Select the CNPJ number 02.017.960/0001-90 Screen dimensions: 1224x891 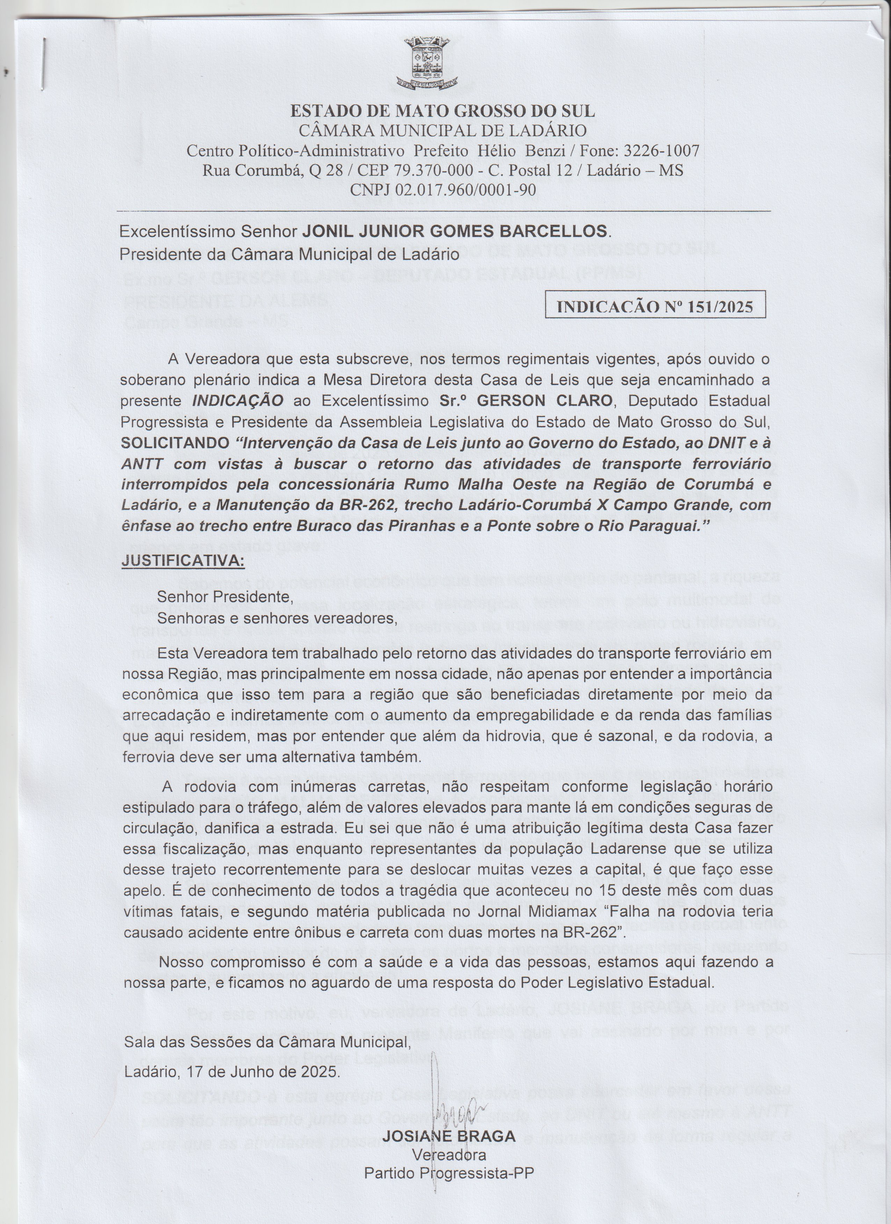(465, 190)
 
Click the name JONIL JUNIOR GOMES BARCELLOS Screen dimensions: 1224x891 (455, 231)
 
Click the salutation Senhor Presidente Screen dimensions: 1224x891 (225, 597)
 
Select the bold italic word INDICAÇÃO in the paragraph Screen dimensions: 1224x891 (238, 401)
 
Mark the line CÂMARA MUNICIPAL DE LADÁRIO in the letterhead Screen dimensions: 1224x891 (442, 131)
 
